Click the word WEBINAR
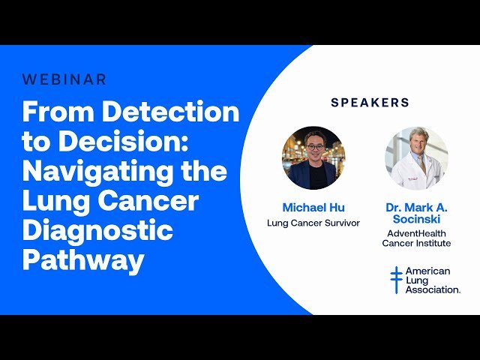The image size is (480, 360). coord(64,79)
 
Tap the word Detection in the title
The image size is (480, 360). coord(170,112)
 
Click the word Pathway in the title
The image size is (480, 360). coord(83,259)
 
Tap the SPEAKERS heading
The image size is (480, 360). coord(370,102)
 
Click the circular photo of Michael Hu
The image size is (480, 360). coord(313,157)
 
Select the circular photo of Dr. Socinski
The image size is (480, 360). coord(416,157)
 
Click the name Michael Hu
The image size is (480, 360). coord(313,207)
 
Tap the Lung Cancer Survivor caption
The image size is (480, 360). coord(313,223)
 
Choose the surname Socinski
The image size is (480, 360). coord(416,219)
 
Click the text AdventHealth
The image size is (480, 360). coord(416,233)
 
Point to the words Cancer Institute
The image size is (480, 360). coord(416,244)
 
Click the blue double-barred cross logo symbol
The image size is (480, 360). coord(396,279)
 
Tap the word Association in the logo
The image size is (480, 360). coord(433,289)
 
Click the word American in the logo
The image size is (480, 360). coord(427,271)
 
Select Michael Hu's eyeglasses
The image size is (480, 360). coord(315,147)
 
